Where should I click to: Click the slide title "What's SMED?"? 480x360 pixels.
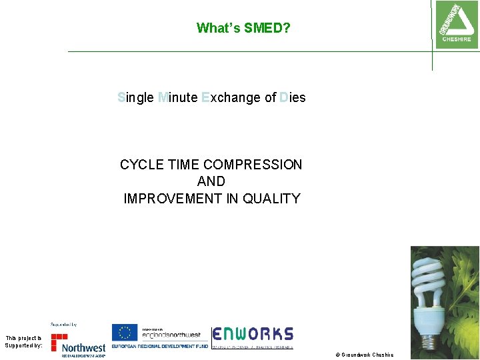[x=243, y=28]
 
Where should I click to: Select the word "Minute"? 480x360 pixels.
[x=177, y=98]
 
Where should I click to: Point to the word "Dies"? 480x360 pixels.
[x=292, y=98]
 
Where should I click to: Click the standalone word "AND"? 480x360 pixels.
[x=211, y=181]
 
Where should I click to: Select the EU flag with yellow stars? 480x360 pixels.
[x=125, y=333]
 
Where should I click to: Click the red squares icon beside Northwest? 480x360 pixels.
[x=59, y=341]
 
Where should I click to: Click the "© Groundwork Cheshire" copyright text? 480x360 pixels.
[x=367, y=355]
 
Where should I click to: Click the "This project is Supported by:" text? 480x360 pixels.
[x=23, y=341]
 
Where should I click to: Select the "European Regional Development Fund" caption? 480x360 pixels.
[x=159, y=347]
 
